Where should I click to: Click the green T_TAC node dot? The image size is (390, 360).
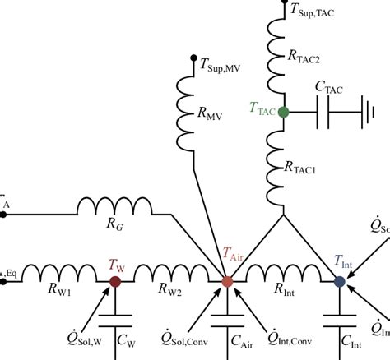tap(282, 111)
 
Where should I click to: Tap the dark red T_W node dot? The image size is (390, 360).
tap(115, 281)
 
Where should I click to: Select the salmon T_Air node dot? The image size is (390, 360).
tap(228, 281)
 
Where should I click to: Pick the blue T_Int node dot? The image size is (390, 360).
tap(339, 281)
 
